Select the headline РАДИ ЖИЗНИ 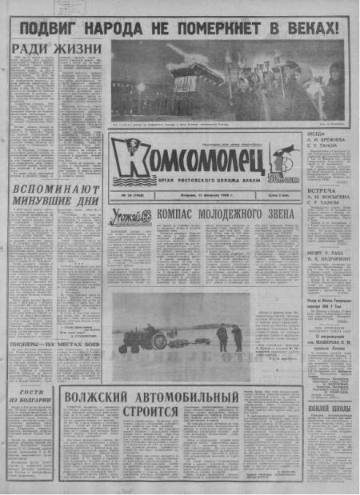click(57, 49)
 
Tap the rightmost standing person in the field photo click(237, 337)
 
